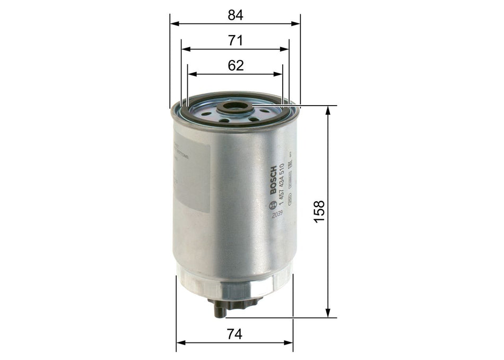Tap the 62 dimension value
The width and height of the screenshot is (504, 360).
click(x=235, y=66)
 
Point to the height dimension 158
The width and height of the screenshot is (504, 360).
click(x=319, y=211)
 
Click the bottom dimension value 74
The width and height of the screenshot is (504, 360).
click(x=234, y=335)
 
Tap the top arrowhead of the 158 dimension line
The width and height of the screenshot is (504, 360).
click(x=329, y=109)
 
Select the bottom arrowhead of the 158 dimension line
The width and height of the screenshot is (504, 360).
click(x=329, y=314)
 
